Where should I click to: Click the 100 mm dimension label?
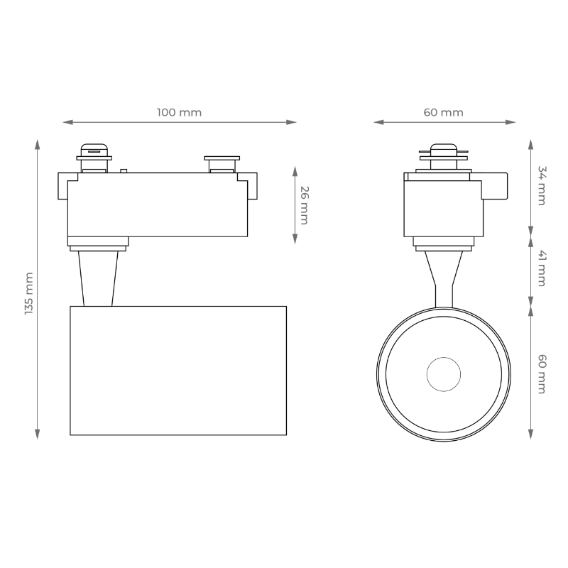[x=180, y=112]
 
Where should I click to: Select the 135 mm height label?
[x=29, y=293]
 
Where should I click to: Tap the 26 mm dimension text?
[x=305, y=205]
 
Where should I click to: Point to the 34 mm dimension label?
[x=542, y=185]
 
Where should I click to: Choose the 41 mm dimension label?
[x=542, y=268]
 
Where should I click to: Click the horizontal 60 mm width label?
[x=443, y=112]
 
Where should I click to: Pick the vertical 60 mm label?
[x=542, y=374]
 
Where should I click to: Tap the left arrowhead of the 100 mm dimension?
[x=67, y=122]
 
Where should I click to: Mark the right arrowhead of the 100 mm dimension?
[x=292, y=122]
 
